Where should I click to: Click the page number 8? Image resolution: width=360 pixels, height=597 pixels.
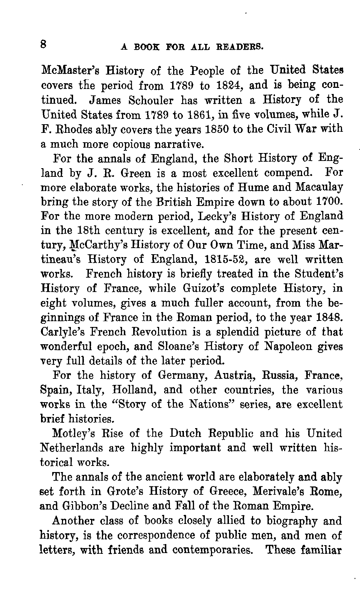pos(44,45)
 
